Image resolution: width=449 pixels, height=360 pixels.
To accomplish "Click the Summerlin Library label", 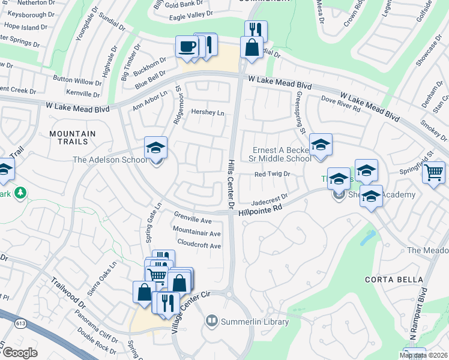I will pos(255,322).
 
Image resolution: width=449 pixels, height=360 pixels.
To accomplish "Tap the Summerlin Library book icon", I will pos(211,322).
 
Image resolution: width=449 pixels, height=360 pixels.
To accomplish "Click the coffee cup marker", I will pos(187,47).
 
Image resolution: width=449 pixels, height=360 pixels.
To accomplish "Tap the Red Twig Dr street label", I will pos(272,174).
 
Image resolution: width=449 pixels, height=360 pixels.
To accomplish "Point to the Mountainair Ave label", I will pos(196,233).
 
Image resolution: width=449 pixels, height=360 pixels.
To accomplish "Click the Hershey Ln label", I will pos(207,112).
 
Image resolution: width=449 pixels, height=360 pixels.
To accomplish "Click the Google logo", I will pos(20,353).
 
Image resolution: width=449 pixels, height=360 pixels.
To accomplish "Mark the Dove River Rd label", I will pos(340,104).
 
